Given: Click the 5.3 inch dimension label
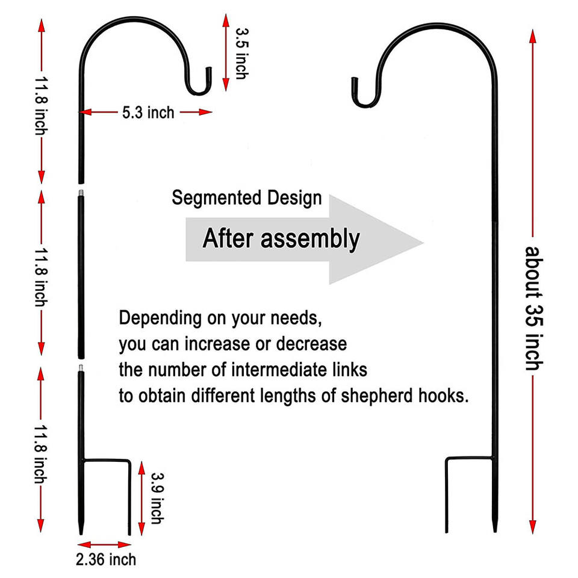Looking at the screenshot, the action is point(148,112).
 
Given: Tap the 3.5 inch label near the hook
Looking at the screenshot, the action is point(240,53).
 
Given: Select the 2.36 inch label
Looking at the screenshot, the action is point(106,559).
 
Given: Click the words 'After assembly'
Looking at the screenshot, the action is point(281,238).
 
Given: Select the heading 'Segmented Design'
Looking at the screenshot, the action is point(247,197).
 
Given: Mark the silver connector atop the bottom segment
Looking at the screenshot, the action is point(81,366).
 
